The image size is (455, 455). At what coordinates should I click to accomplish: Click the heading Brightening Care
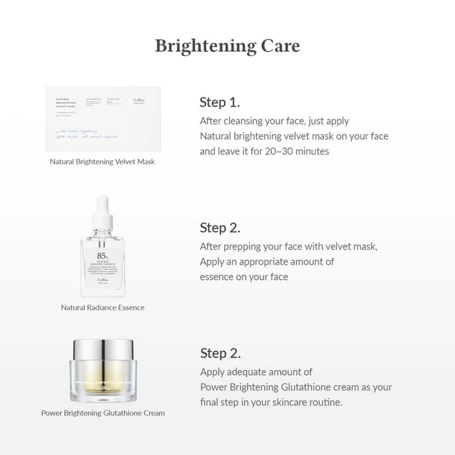227,47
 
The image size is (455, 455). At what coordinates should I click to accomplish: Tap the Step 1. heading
220,102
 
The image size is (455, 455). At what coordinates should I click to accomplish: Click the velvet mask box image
102,119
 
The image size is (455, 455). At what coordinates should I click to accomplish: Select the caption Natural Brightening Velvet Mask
102,161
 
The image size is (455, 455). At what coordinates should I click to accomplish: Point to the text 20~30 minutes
290,151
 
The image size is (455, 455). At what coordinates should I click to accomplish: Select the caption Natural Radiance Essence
102,308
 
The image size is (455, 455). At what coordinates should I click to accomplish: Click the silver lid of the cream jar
102,350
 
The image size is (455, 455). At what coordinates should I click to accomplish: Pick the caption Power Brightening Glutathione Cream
103,413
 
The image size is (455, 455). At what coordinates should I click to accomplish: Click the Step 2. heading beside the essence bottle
220,228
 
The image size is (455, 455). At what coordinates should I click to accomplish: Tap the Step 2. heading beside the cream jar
220,353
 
